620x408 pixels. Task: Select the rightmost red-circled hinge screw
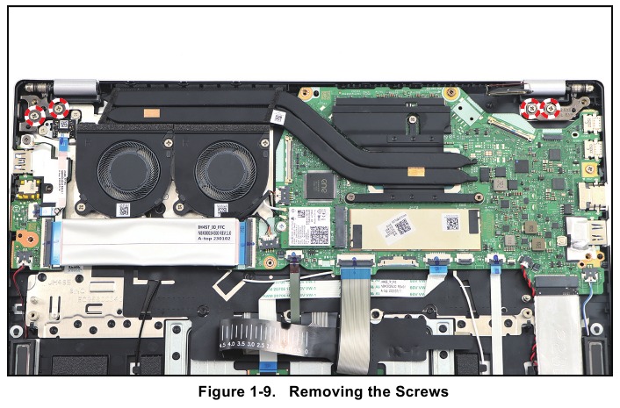[x=552, y=108]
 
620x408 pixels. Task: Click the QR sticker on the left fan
[x=124, y=210]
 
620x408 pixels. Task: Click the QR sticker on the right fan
[x=220, y=210]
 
